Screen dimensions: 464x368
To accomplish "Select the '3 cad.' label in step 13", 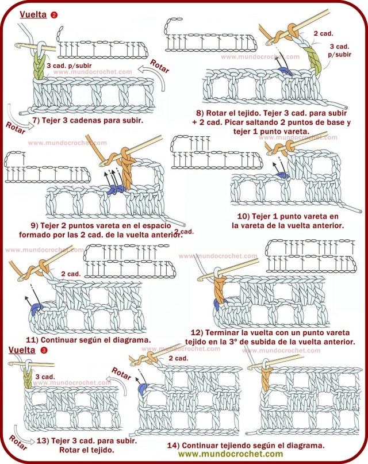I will click(45, 377).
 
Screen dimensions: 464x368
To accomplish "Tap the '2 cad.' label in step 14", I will click(178, 358).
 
